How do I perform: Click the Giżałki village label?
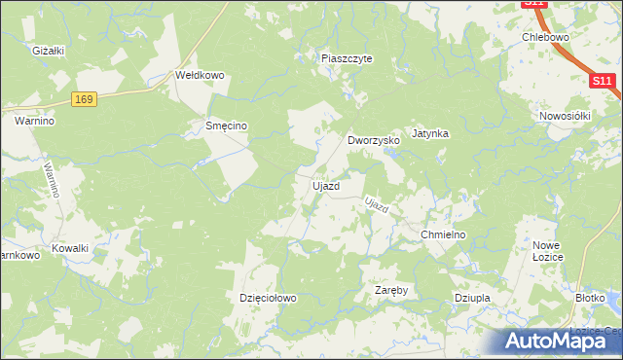coord(47,51)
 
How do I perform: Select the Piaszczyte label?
coord(348,58)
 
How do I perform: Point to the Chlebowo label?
coord(545,37)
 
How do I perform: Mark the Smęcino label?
coord(226,126)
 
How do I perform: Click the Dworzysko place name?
coord(375,140)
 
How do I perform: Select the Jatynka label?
coord(429,133)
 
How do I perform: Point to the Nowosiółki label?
coord(566,116)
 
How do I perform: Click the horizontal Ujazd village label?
coord(325,186)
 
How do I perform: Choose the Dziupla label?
coord(471,298)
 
